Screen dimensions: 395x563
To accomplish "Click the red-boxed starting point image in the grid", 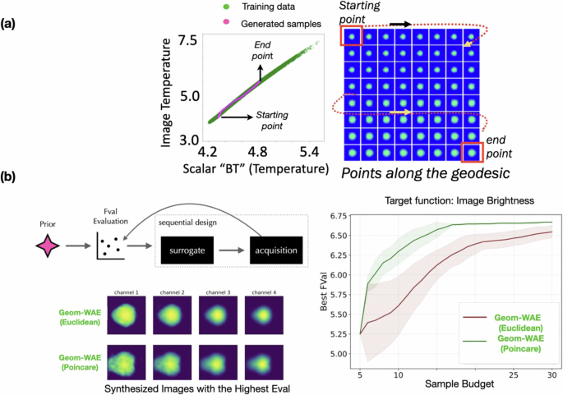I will pos(352,37).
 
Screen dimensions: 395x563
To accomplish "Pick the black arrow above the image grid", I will pos(400,25).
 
